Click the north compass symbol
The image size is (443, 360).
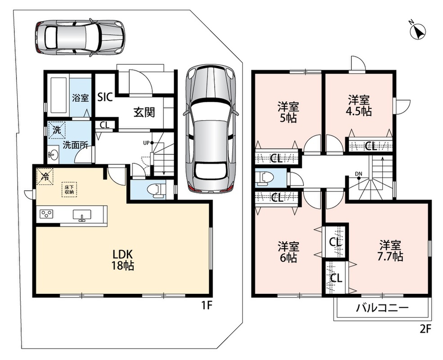418,31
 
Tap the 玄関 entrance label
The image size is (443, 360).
144,112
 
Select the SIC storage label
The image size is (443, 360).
105,97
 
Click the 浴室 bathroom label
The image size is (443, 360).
81,98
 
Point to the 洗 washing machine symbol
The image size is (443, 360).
57,130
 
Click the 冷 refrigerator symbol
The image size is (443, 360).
45,177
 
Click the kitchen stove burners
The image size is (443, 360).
46,214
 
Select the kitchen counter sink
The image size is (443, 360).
82,215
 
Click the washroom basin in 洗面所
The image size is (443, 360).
53,154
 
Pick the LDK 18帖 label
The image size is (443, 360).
123,260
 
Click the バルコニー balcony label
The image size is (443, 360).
382,308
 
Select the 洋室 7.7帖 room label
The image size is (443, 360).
390,251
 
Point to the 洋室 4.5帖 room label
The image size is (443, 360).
359,106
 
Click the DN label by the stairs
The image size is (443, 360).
358,174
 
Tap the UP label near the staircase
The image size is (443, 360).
146,143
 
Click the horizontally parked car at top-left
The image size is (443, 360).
80,37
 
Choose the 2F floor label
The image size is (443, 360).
425,329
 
